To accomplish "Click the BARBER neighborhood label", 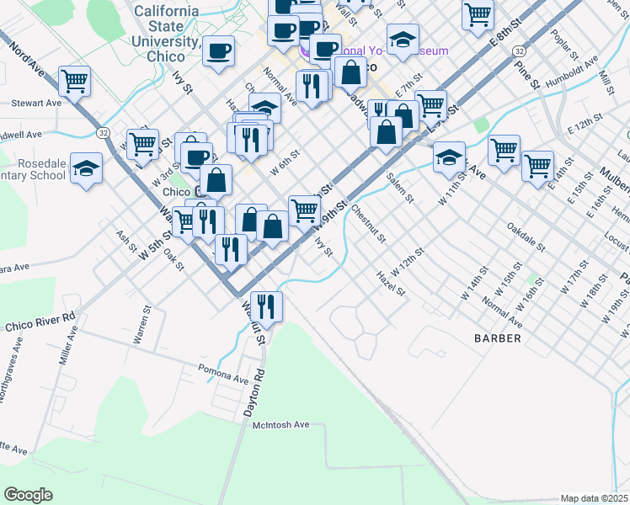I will pyautogui.click(x=496, y=338).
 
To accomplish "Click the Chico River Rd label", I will pyautogui.click(x=40, y=322).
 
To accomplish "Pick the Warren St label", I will pyautogui.click(x=141, y=324).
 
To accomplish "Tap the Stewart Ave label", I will pyautogui.click(x=36, y=103).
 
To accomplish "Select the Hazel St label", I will pyautogui.click(x=392, y=283).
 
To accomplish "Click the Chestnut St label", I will pyautogui.click(x=368, y=222).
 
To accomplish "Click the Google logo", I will pyautogui.click(x=28, y=495).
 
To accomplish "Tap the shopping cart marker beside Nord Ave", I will pyautogui.click(x=75, y=82).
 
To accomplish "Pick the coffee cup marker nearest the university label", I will pyautogui.click(x=219, y=50).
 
